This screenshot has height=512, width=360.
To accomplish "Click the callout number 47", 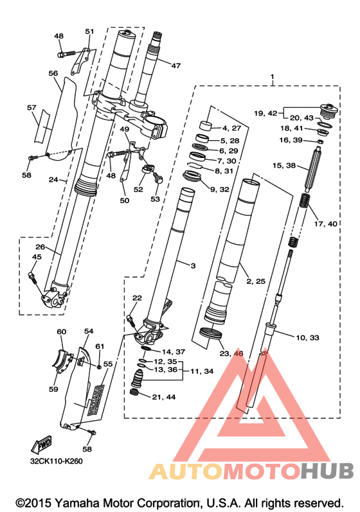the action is click(x=175, y=66).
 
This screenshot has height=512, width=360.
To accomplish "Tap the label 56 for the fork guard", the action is click(x=53, y=73).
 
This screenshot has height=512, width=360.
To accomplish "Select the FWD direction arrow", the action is click(x=42, y=444).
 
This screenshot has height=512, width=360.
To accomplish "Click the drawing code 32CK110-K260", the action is click(x=56, y=461).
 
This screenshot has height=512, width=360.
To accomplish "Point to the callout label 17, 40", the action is click(x=325, y=224).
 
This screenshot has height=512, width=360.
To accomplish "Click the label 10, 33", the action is click(x=307, y=337).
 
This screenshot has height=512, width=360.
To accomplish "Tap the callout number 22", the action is click(x=137, y=298).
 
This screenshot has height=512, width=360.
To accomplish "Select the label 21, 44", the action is click(x=164, y=397).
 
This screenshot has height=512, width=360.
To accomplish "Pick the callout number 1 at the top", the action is click(x=272, y=77).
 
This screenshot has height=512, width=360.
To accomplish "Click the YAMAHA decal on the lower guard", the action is click(x=95, y=400).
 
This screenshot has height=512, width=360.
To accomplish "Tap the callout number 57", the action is click(x=32, y=107).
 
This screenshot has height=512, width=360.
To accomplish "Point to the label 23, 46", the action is click(x=231, y=353).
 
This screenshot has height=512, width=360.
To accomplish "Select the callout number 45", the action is click(x=37, y=257).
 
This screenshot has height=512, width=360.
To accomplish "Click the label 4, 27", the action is click(x=231, y=128).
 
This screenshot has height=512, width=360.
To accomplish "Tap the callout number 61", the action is click(x=100, y=346).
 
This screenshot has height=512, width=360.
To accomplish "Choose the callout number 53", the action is click(x=155, y=199).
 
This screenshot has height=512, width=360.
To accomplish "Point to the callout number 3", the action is click(x=193, y=266).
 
